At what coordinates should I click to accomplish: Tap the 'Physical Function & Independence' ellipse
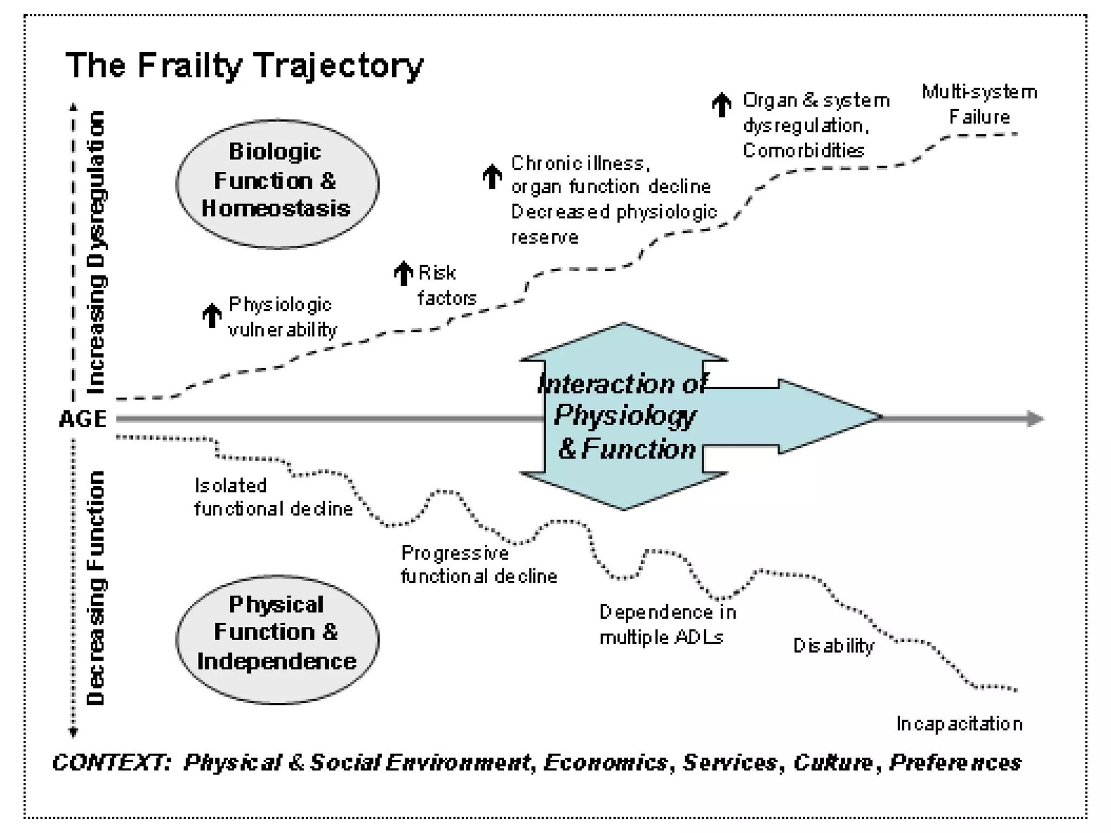click(x=277, y=639)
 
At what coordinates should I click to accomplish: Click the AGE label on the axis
click(x=83, y=419)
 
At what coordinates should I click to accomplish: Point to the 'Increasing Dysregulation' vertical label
click(x=97, y=252)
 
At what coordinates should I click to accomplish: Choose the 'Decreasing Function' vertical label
click(x=95, y=588)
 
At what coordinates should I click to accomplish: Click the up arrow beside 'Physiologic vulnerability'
click(x=212, y=315)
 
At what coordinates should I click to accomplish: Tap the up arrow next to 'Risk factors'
click(x=403, y=273)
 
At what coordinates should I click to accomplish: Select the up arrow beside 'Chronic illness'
click(x=492, y=176)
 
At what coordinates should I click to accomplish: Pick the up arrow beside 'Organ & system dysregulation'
click(x=721, y=105)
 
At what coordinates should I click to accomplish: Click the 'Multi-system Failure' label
click(x=979, y=104)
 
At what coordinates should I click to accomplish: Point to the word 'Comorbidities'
click(x=803, y=150)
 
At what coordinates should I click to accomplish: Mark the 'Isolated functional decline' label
click(x=273, y=497)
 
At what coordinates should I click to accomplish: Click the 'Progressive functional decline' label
click(x=478, y=564)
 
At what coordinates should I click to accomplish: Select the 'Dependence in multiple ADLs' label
click(x=667, y=624)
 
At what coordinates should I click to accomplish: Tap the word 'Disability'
click(x=834, y=645)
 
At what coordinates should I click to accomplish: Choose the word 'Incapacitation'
click(x=959, y=723)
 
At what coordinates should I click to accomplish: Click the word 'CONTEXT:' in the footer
click(x=111, y=762)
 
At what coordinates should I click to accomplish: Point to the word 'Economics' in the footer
click(x=606, y=762)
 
